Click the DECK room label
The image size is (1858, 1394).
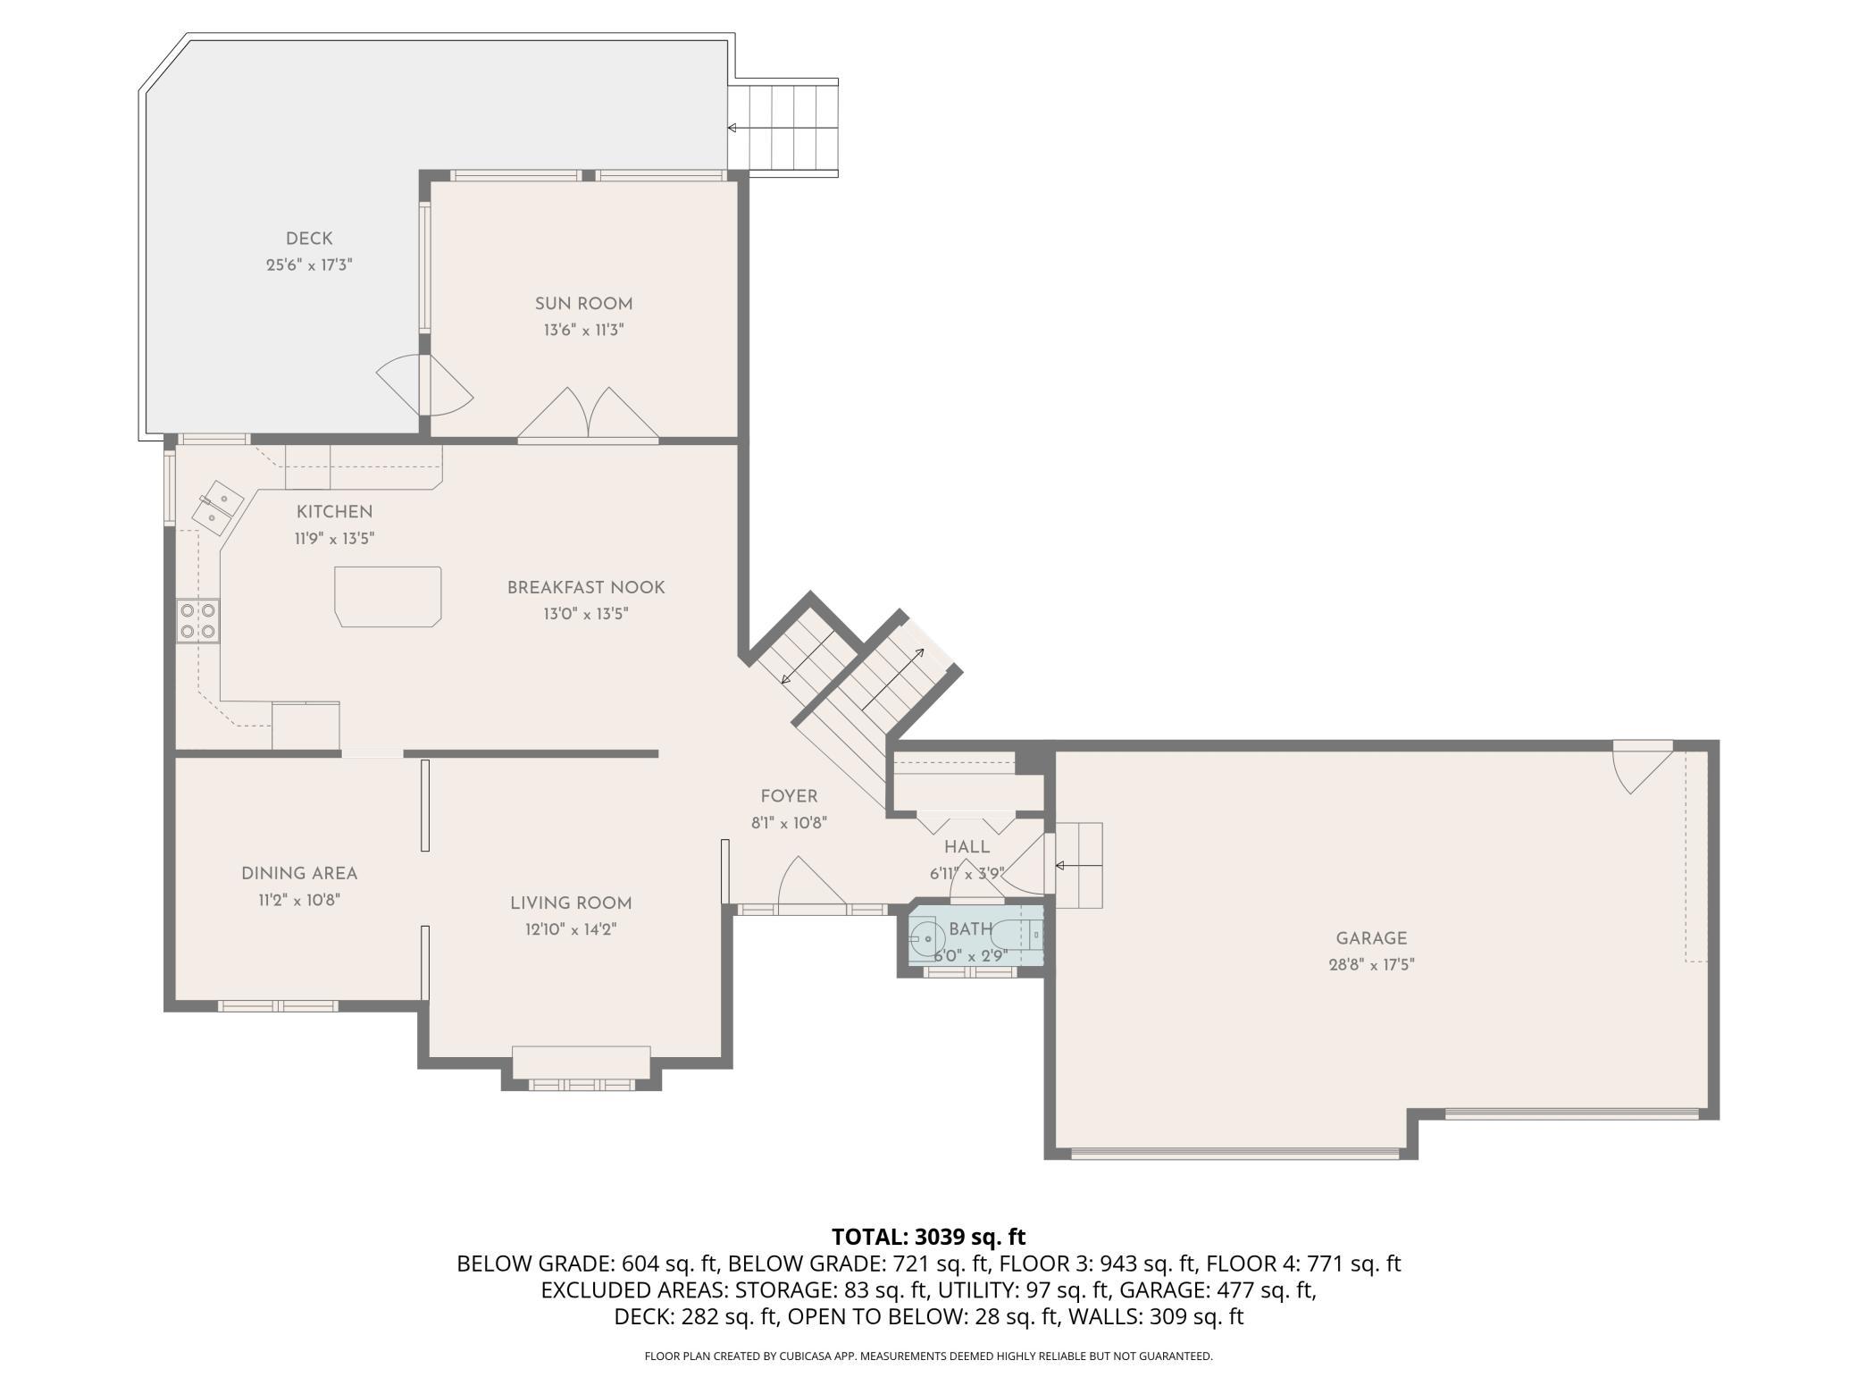309,239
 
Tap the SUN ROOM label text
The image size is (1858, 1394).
583,304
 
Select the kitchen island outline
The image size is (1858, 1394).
389,596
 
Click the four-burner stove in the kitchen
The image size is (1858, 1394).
198,620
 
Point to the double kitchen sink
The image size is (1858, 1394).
217,507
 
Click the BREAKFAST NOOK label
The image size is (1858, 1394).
586,587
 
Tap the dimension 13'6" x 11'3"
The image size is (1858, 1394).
583,331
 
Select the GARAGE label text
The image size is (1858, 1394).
1371,938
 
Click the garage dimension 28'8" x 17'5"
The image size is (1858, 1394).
1371,965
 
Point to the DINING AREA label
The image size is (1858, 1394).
299,874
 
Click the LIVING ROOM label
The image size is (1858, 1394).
571,903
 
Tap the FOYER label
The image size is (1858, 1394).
789,796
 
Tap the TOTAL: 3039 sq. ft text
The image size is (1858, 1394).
928,1237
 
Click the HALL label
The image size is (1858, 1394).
967,847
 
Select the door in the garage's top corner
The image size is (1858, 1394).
1642,766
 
